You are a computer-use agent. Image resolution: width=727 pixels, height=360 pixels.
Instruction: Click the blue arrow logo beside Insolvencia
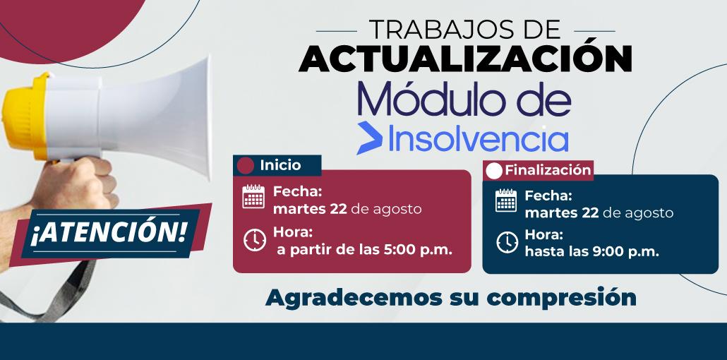point(369,138)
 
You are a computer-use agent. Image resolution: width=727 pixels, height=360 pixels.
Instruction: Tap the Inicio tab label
point(280,165)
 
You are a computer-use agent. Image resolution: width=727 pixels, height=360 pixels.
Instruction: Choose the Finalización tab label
point(548,170)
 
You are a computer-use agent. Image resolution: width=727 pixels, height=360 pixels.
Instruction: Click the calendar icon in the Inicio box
point(253,197)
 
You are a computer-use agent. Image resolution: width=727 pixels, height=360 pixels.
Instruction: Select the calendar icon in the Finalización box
point(506,200)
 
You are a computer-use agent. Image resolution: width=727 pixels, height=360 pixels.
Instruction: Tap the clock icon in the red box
point(255,240)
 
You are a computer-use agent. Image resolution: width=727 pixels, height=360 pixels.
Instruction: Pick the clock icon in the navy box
point(507,242)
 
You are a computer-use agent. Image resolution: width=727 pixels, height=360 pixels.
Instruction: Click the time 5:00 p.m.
point(417,250)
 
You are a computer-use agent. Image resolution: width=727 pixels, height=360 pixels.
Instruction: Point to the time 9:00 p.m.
point(624,252)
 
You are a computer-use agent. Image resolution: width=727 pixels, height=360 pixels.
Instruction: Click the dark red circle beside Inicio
point(245,166)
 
